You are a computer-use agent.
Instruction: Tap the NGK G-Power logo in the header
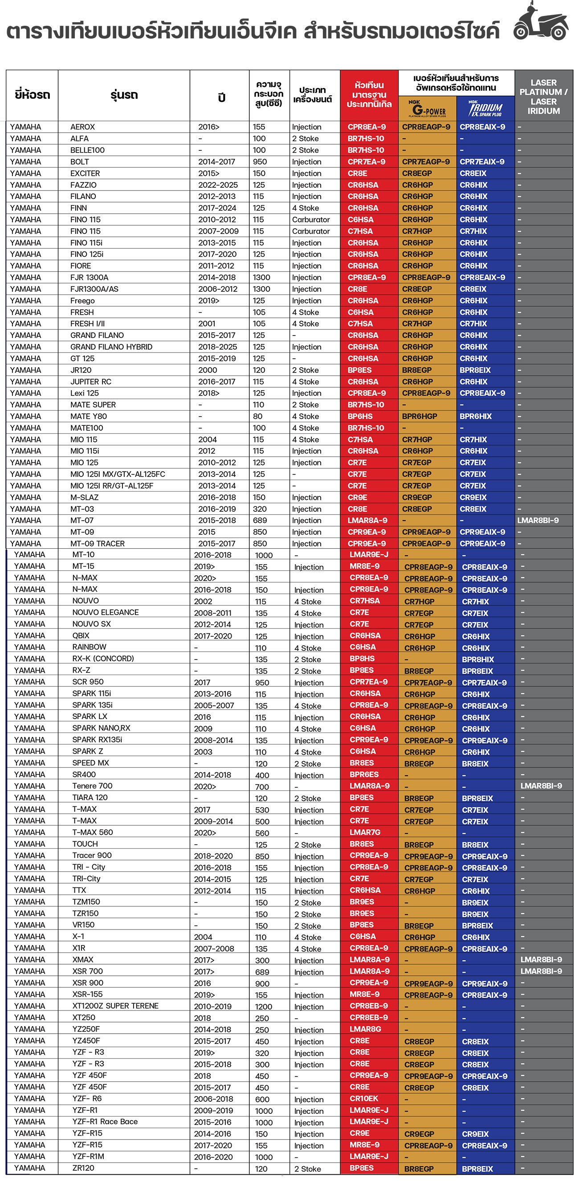(427, 109)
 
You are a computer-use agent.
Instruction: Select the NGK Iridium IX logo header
(485, 109)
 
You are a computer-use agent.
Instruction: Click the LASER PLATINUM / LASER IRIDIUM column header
(543, 96)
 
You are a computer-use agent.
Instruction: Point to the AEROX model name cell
(82, 127)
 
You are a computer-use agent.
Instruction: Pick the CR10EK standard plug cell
(364, 1099)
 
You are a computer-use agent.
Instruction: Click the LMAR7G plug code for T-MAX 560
(365, 832)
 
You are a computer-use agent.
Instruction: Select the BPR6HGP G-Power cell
(420, 416)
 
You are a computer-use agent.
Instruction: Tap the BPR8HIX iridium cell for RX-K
(477, 659)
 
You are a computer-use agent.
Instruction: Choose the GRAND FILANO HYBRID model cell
(111, 347)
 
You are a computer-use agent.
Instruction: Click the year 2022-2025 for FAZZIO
(218, 185)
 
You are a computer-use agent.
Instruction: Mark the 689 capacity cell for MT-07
(260, 520)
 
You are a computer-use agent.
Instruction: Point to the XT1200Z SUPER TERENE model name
(115, 1006)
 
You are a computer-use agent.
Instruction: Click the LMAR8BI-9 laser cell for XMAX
(541, 959)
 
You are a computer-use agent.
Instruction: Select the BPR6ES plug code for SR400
(364, 774)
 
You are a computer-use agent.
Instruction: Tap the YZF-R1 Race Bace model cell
(105, 1122)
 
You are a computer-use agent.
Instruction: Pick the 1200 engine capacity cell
(263, 1007)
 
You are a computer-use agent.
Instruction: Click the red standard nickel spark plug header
(369, 95)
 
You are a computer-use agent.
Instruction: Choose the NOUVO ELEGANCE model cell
(105, 612)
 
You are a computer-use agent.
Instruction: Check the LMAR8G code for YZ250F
(365, 1029)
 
